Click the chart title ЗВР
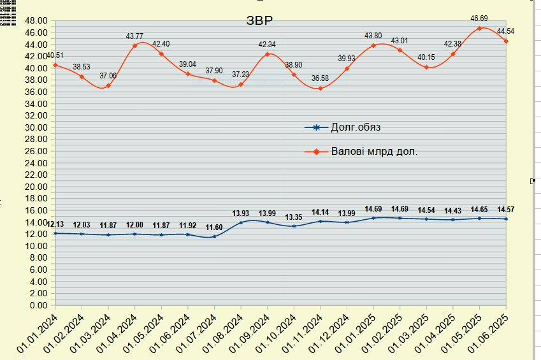259,20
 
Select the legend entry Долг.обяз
356,127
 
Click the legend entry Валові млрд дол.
374,152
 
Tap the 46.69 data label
479,19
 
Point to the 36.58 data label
321,78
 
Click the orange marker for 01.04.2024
135,46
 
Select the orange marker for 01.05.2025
479,29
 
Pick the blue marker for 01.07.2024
215,236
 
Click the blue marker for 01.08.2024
241,222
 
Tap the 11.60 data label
214,227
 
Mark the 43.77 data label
135,36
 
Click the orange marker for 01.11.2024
321,89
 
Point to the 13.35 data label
294,217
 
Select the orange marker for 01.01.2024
55,65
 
